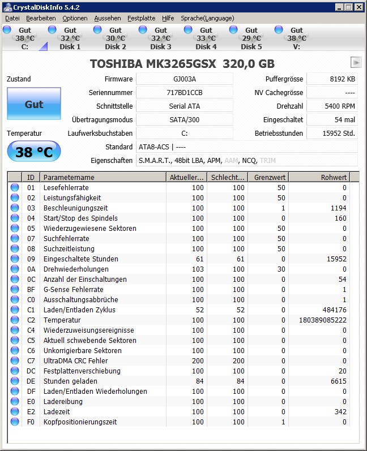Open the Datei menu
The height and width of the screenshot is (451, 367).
coord(12,18)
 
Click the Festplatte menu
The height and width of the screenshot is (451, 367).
coord(141,18)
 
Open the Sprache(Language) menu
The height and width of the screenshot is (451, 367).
coord(207,18)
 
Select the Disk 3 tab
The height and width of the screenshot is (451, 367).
coord(160,38)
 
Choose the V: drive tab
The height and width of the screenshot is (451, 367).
coord(296,38)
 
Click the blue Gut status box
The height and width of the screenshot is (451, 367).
coord(34,104)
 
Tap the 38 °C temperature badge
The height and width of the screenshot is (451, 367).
coord(33,152)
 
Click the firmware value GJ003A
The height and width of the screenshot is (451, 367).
coord(185,79)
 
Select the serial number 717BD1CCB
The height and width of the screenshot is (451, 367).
coord(185,93)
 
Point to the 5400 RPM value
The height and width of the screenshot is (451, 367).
coord(340,106)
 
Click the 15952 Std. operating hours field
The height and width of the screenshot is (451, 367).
coord(340,134)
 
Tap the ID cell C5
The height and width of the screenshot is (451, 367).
coord(31,341)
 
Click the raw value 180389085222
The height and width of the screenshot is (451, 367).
coord(323,320)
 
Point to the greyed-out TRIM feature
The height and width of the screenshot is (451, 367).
coord(268,161)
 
